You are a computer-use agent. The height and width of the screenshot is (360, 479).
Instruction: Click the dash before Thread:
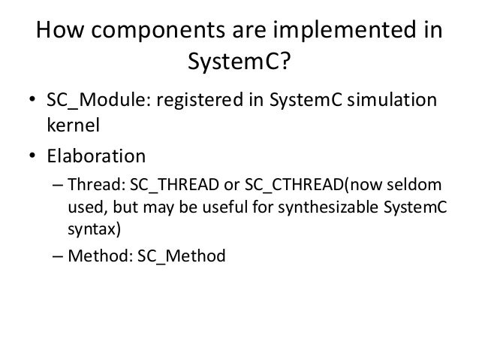click(x=58, y=185)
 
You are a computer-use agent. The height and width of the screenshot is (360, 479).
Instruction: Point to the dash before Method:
click(x=58, y=256)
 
